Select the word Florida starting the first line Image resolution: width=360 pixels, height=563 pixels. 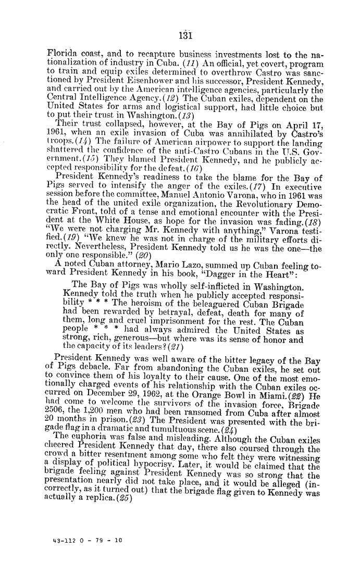click(x=60, y=54)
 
